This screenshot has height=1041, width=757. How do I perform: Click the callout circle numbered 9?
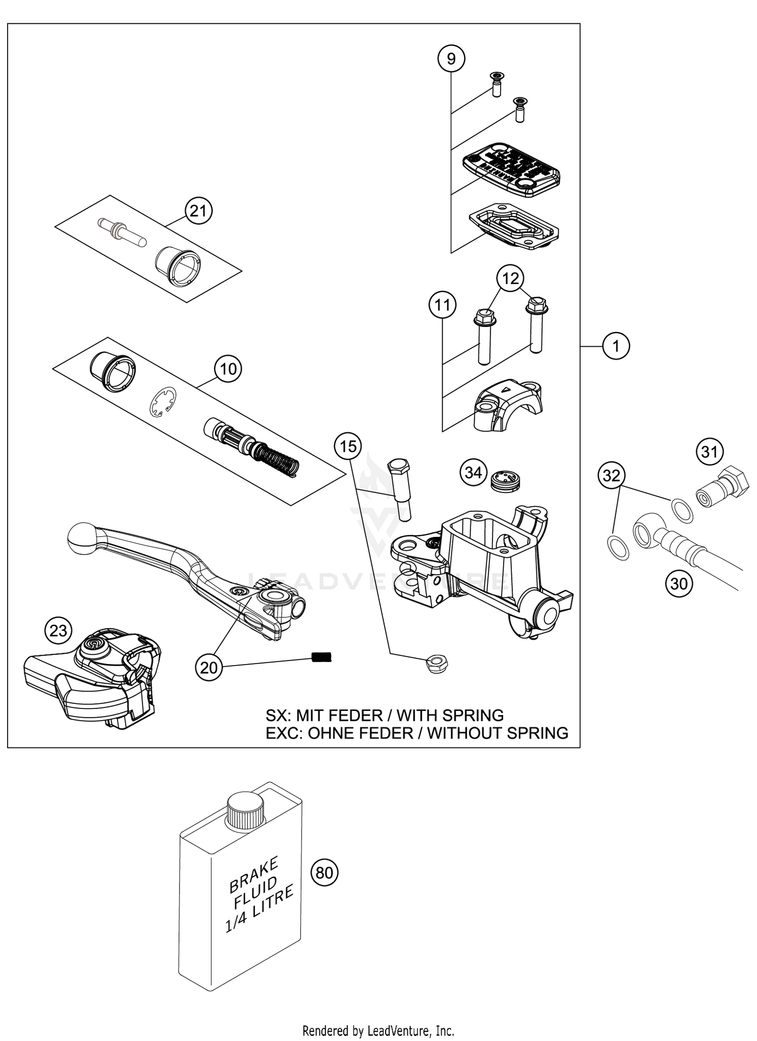pos(451,59)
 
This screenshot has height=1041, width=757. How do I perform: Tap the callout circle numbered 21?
pos(198,210)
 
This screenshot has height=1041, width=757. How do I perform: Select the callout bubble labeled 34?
pos(473,473)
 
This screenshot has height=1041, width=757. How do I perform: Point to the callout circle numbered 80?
pos(325,872)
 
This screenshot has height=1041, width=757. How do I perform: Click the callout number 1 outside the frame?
pos(616,346)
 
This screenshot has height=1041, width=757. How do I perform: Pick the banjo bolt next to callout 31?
pos(723,486)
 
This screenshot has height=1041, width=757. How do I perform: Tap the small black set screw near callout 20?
pos(321,657)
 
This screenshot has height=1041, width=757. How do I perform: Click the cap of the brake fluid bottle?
pos(246,810)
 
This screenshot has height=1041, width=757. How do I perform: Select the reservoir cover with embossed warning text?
pos(511,170)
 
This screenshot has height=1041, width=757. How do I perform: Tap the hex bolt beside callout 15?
pos(400,488)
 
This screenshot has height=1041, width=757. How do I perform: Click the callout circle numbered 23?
pos(59,630)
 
